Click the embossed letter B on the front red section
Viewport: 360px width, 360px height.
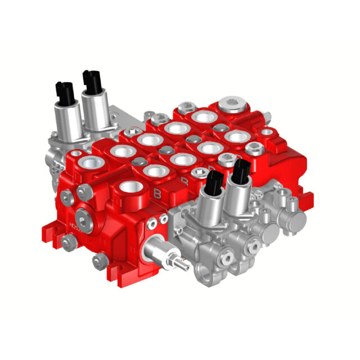click(158, 193)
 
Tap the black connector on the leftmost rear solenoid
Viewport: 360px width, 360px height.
click(64, 90)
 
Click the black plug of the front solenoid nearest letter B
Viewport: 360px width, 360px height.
click(214, 182)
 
